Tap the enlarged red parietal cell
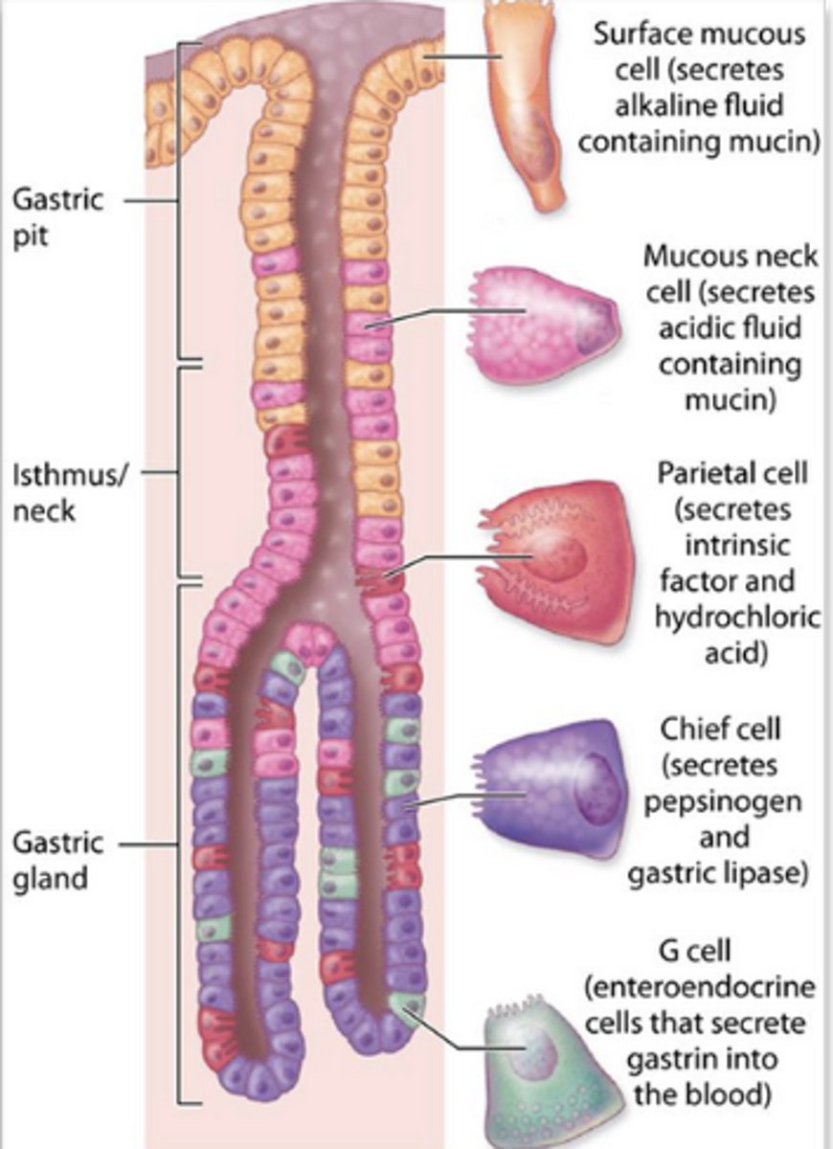555,560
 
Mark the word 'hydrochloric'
736,618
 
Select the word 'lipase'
766,872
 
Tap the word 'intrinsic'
736,546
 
